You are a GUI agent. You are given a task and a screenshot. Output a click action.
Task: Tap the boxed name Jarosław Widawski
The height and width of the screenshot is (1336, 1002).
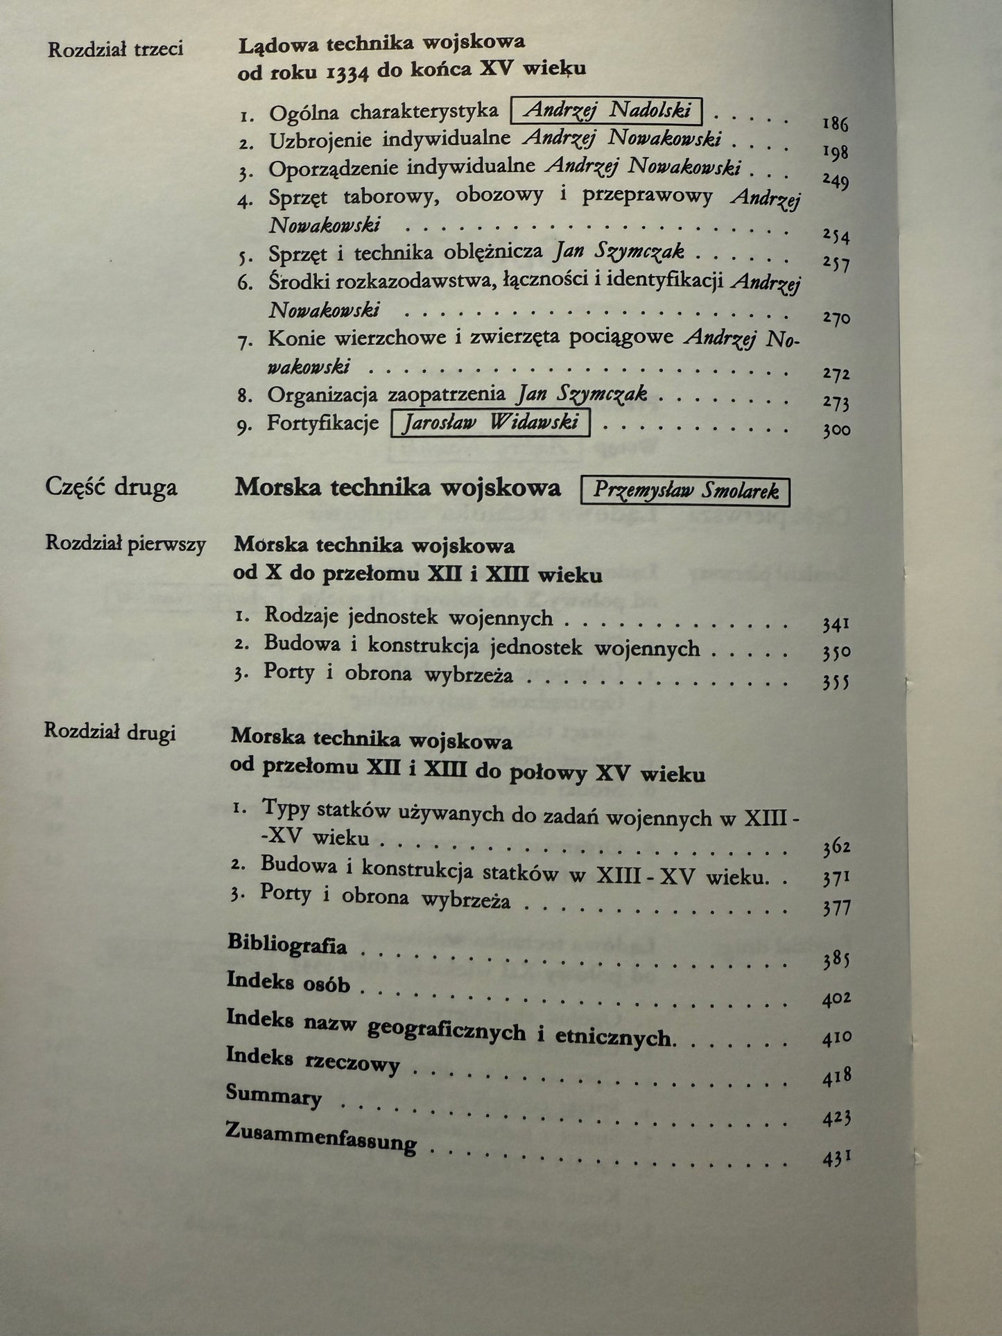point(490,423)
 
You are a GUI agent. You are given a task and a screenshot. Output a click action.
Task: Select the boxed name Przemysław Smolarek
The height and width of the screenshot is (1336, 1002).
point(685,492)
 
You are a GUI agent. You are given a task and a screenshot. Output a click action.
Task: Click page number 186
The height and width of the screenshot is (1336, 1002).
point(835,125)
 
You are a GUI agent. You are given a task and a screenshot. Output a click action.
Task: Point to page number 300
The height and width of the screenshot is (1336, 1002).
point(836,431)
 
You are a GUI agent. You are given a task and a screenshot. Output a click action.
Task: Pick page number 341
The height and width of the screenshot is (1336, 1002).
point(836,625)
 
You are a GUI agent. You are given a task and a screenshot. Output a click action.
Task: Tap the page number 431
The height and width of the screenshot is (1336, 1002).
point(836,1159)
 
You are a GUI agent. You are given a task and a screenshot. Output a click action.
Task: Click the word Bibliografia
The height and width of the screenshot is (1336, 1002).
point(287,944)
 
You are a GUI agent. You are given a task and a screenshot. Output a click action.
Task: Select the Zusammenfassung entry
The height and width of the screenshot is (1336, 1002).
point(321,1139)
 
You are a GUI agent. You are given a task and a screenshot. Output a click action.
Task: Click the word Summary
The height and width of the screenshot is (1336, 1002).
point(273,1095)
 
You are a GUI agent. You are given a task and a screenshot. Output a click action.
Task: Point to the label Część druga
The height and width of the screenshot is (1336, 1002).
point(111,487)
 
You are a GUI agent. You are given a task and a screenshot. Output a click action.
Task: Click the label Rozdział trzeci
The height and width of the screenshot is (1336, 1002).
point(115,49)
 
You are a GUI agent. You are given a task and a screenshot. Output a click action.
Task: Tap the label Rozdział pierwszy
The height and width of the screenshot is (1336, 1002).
point(126,544)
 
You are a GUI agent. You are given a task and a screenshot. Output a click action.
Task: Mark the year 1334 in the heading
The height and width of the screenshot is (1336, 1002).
point(347,71)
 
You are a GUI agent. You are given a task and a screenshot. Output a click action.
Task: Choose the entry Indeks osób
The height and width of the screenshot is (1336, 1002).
point(288,982)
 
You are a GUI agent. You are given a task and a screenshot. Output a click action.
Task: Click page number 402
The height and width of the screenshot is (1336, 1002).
point(836,999)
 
